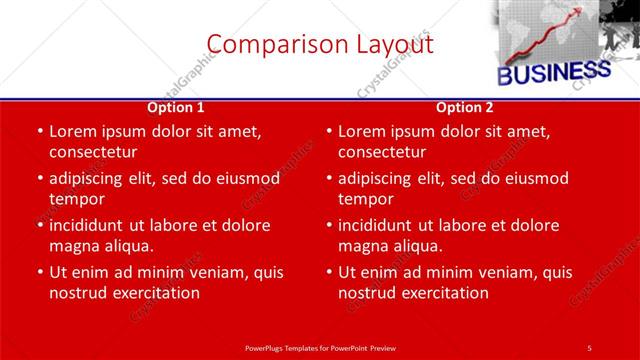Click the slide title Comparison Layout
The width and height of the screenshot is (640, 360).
point(320,44)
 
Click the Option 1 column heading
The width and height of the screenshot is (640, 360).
point(176,107)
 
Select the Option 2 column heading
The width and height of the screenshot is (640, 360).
point(465,107)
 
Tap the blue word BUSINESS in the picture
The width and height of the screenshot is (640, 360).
point(554,73)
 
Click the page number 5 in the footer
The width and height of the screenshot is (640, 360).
point(589,347)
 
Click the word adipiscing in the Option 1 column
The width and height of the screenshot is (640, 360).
point(93,179)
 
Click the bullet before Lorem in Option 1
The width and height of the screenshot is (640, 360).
point(39,132)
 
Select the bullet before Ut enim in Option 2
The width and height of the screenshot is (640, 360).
point(329,272)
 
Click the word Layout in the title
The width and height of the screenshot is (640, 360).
point(389,44)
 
